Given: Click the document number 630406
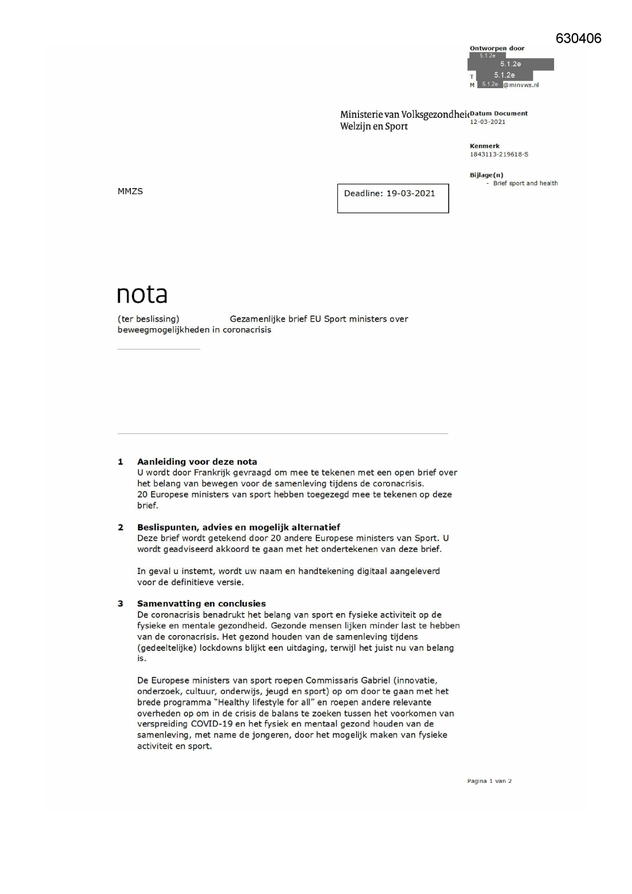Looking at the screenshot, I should pyautogui.click(x=578, y=38).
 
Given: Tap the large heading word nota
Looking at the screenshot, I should pyautogui.click(x=142, y=295).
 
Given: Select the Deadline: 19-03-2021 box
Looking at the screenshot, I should pyautogui.click(x=393, y=198).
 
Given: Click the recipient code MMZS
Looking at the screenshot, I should pyautogui.click(x=130, y=191).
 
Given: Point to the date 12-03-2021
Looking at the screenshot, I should pyautogui.click(x=487, y=122).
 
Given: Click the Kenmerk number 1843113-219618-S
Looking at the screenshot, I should pyautogui.click(x=499, y=154).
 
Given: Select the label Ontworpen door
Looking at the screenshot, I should pyautogui.click(x=497, y=48).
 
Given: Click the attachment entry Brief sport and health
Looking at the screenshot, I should pyautogui.click(x=525, y=183).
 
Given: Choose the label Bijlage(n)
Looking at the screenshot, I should pyautogui.click(x=486, y=175).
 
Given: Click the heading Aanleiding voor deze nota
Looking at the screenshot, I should pyautogui.click(x=197, y=462).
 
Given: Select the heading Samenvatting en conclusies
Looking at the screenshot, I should pyautogui.click(x=201, y=603).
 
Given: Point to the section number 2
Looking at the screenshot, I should pyautogui.click(x=121, y=528).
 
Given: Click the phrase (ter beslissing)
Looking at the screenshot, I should pyautogui.click(x=148, y=319).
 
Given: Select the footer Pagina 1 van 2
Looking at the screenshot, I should pyautogui.click(x=489, y=781).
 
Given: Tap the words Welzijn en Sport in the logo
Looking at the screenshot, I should pyautogui.click(x=374, y=126).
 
